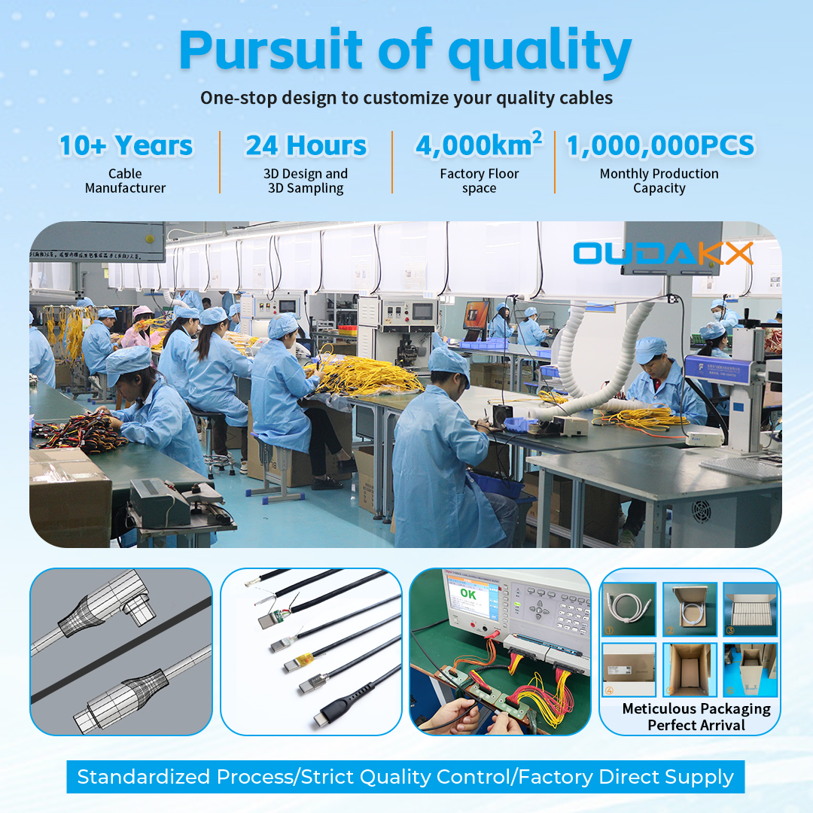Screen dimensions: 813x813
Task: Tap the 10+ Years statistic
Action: (x=126, y=145)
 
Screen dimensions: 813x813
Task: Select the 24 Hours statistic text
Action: (x=306, y=145)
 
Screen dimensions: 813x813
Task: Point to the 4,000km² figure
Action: (x=478, y=145)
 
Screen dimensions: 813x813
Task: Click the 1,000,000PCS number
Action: (x=659, y=145)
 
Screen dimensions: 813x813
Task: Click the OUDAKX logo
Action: (x=662, y=253)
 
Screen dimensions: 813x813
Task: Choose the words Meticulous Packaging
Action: (x=696, y=708)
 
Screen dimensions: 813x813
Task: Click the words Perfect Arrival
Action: (x=696, y=725)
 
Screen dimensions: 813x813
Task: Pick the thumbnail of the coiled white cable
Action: (x=629, y=609)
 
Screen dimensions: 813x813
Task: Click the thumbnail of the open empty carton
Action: (x=690, y=669)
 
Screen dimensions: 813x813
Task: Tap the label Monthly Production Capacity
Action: (x=659, y=181)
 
